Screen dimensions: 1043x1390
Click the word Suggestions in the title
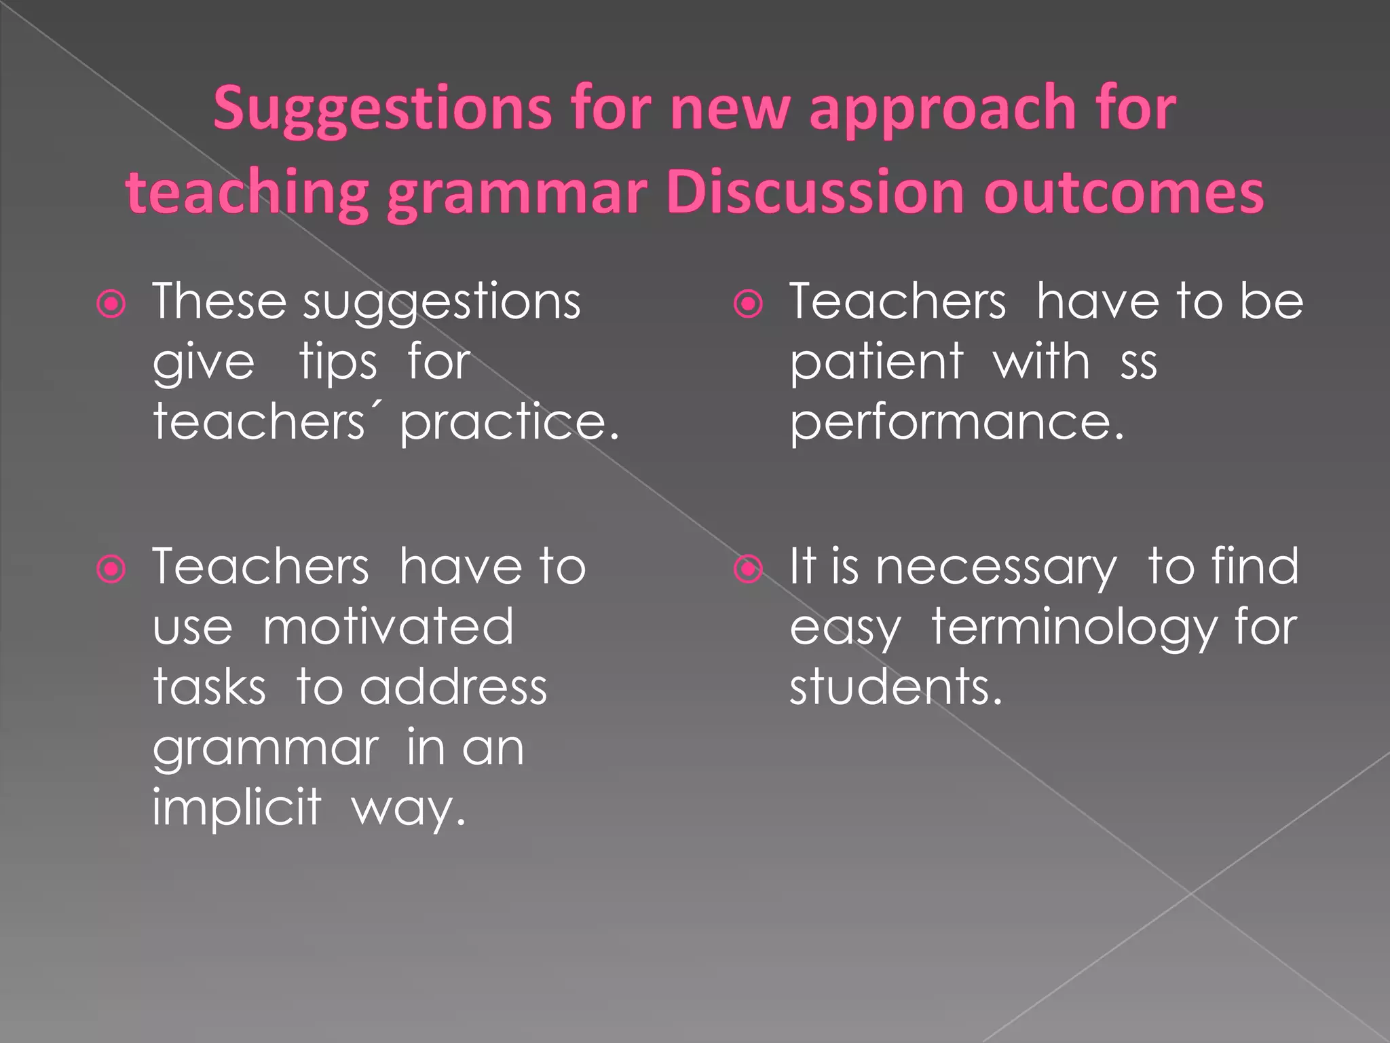382,109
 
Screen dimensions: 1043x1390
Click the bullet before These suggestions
111,304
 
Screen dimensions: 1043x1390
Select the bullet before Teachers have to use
111,569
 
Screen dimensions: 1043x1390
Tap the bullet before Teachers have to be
748,304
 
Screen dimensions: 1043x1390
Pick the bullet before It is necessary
748,569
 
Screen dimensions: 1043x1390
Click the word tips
337,363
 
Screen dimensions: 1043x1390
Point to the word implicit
236,808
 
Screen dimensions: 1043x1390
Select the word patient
876,363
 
